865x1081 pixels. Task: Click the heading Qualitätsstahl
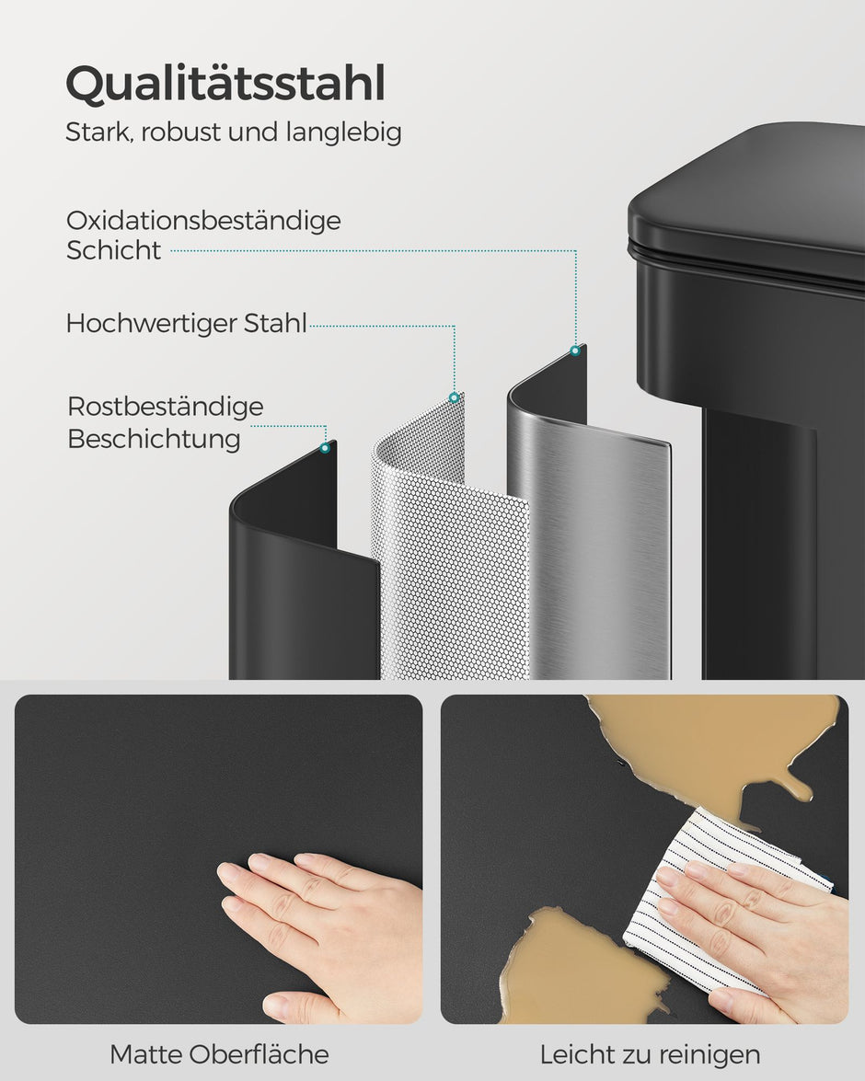(225, 85)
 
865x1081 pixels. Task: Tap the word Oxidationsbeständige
(203, 221)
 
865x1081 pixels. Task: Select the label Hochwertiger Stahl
(186, 324)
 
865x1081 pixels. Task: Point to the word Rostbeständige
(166, 407)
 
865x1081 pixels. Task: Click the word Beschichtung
(154, 439)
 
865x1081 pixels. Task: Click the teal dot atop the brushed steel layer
(575, 351)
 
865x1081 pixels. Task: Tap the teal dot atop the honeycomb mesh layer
(454, 397)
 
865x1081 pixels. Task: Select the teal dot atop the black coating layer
(325, 448)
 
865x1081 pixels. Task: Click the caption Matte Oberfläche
(219, 1054)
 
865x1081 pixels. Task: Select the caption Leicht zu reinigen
(650, 1054)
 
